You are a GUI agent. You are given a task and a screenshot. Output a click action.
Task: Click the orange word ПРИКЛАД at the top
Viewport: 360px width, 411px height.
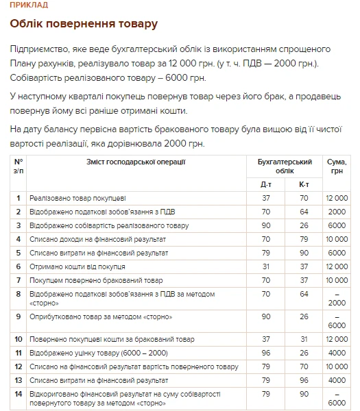pyautogui.click(x=29, y=5)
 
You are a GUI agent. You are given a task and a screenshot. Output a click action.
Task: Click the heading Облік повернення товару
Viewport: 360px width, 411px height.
pyautogui.click(x=84, y=25)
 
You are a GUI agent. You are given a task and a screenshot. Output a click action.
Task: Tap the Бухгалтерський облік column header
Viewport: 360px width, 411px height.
pyautogui.click(x=285, y=166)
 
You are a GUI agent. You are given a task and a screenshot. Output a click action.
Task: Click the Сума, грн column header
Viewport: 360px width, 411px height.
pyautogui.click(x=337, y=166)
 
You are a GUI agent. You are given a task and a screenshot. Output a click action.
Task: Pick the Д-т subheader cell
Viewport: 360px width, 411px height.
pyautogui.click(x=266, y=184)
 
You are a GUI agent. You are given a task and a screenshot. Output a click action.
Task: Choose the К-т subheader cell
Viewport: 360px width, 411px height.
pyautogui.click(x=304, y=184)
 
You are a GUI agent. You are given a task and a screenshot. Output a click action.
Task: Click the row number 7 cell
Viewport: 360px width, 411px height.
pyautogui.click(x=19, y=280)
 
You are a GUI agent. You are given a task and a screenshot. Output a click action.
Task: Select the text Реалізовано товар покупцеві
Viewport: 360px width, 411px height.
pyautogui.click(x=77, y=198)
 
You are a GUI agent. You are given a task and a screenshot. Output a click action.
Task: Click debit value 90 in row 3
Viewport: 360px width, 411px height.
pyautogui.click(x=266, y=225)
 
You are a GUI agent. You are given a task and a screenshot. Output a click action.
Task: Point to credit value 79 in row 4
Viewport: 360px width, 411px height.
pyautogui.click(x=304, y=239)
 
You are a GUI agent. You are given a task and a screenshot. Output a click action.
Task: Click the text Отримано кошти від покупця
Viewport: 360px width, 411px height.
pyautogui.click(x=77, y=266)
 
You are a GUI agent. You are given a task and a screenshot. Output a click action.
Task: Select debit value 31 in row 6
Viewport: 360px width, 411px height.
pyautogui.click(x=266, y=266)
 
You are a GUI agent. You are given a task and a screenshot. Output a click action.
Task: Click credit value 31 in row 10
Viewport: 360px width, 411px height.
pyautogui.click(x=304, y=339)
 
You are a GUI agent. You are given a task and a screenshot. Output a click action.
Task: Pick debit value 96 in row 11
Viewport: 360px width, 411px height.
pyautogui.click(x=266, y=353)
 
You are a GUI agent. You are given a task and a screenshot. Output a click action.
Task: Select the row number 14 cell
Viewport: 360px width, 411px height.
pyautogui.click(x=19, y=394)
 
